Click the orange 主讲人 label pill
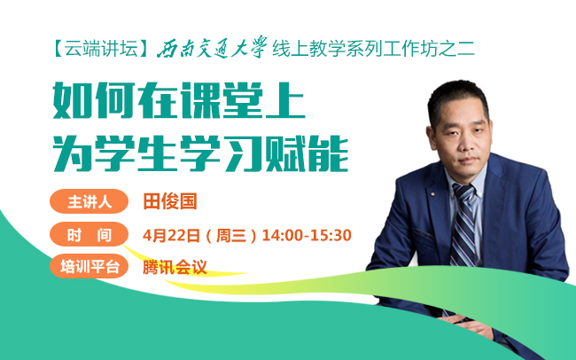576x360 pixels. pos(89,201)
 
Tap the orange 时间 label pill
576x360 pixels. pos(89,234)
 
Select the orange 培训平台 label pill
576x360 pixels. pos(89,266)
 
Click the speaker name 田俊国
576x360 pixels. pos(170,201)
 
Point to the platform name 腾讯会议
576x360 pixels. pos(175,267)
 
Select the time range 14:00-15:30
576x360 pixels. pos(307,235)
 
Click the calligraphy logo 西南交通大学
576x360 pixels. pos(212,47)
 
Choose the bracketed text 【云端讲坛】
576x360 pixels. pos(101,49)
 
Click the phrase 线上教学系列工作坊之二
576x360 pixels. pos(374,49)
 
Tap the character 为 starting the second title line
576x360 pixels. pos(72,153)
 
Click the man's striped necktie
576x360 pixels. pos(463,224)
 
